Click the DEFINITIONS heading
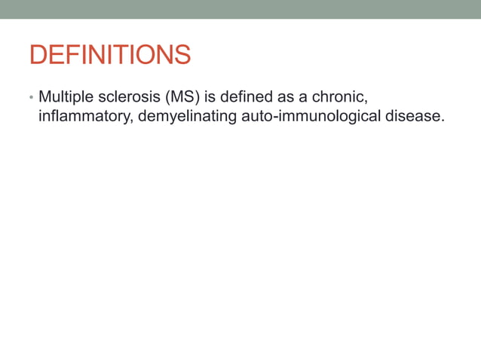[109, 55]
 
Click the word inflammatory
[85, 117]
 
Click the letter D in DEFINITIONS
[38, 55]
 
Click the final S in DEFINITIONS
[181, 55]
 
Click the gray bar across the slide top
[240, 9]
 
